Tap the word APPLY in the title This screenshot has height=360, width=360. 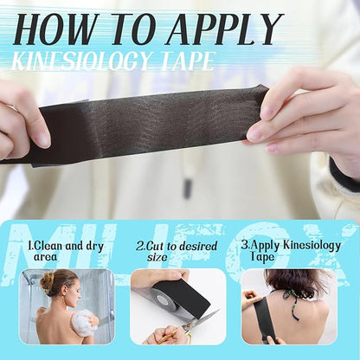(225, 29)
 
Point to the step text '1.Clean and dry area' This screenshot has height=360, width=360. (66, 251)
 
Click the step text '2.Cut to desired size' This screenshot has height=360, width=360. (177, 251)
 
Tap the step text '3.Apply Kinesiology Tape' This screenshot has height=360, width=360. (291, 250)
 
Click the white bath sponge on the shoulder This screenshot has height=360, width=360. (83, 324)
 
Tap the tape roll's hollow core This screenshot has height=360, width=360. (163, 301)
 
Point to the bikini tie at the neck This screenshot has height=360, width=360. (291, 303)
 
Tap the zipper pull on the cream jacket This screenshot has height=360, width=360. (188, 189)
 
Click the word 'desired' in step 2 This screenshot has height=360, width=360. (197, 246)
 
